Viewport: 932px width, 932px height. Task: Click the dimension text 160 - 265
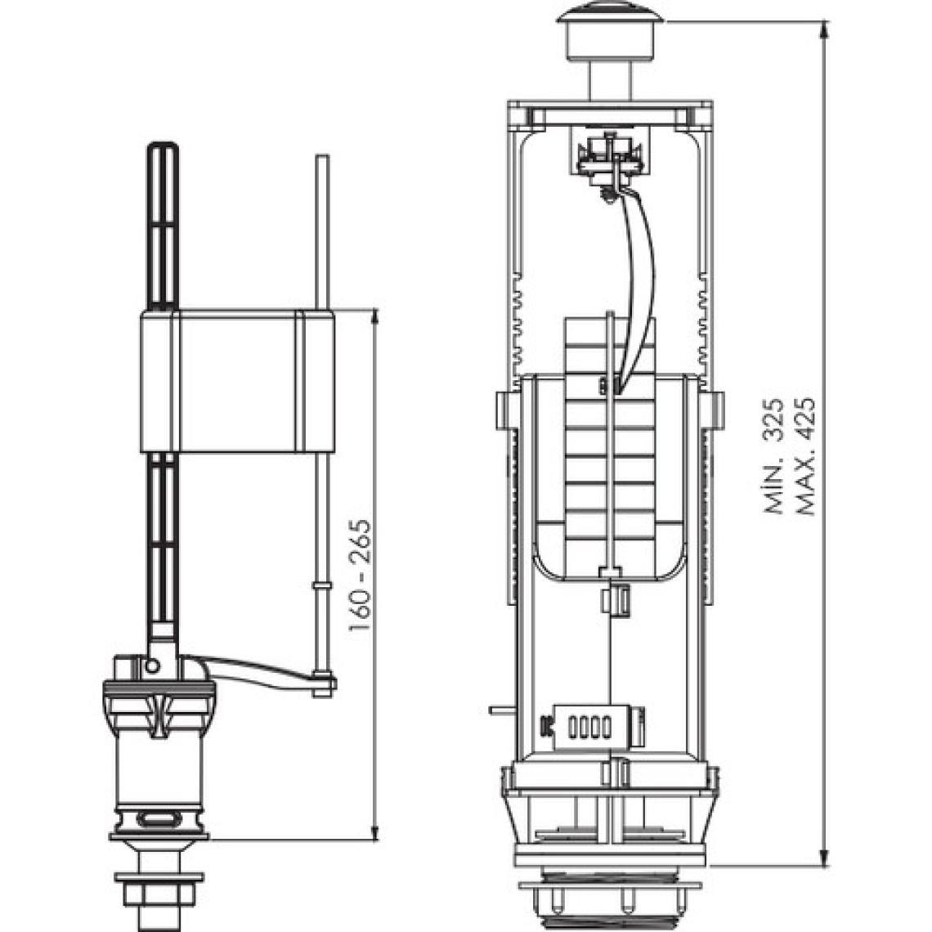361,576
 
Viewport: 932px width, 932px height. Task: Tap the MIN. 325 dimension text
774,456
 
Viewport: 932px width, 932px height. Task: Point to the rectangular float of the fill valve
238,382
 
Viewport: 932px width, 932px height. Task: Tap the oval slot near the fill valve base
159,819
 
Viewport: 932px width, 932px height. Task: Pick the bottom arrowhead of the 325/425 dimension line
824,854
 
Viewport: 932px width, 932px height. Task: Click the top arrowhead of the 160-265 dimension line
374,319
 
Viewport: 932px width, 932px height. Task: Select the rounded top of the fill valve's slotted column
162,147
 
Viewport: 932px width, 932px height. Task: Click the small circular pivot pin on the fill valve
152,665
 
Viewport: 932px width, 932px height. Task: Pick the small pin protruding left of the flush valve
500,710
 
